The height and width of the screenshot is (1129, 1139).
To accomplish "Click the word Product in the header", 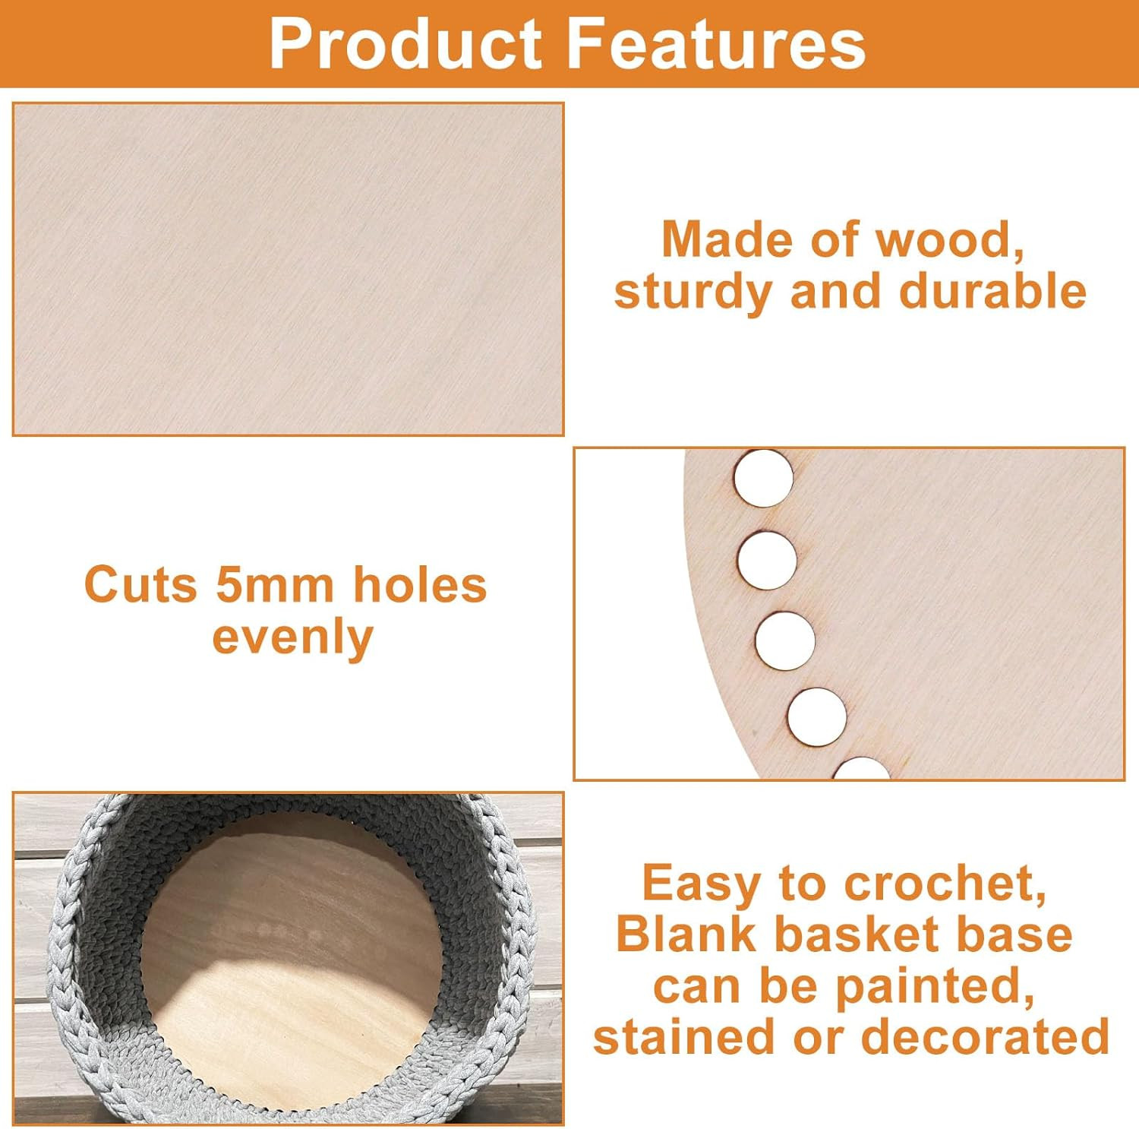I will pos(405,44).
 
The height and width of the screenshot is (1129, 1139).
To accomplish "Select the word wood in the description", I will pos(949,240).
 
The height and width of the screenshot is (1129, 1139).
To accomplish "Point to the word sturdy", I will pos(691,293).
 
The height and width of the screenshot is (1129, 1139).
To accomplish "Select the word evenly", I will pos(293,637).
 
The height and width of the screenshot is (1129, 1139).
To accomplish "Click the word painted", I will pos(935,986).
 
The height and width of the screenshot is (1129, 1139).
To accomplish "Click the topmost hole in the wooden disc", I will pos(763,478).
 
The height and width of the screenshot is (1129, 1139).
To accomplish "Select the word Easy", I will pos(700,884).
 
